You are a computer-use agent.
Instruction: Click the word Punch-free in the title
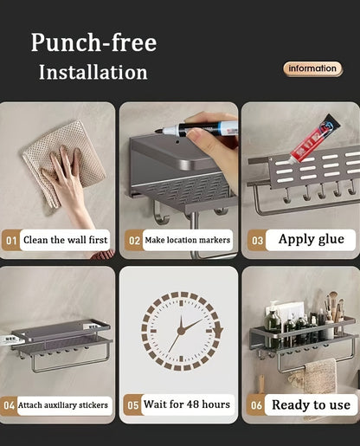[93, 42]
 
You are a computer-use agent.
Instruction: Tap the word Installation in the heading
[93, 72]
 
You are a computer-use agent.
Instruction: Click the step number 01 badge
[11, 240]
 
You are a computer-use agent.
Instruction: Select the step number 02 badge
[134, 240]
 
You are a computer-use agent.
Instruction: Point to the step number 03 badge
[257, 240]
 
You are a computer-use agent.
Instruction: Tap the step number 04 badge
[9, 405]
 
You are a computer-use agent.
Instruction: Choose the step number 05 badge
[133, 405]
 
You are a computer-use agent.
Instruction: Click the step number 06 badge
[256, 405]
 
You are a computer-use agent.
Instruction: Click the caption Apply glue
[312, 239]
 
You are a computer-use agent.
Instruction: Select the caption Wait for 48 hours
[187, 404]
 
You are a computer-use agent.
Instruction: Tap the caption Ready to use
[311, 404]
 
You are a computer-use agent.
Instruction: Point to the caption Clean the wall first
[65, 240]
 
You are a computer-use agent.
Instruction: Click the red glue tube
[313, 139]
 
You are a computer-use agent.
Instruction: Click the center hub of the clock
[181, 331]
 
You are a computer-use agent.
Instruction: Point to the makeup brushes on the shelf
[334, 307]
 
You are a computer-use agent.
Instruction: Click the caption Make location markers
[187, 240]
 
